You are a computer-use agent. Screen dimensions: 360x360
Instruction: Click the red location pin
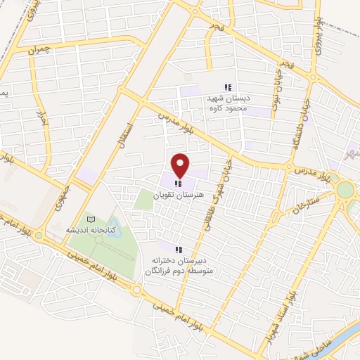click(181, 165)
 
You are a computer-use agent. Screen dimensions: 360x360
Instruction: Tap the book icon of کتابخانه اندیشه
click(89, 219)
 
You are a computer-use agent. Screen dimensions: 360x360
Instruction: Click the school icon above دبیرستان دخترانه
click(179, 249)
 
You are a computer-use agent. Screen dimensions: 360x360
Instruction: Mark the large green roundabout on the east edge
click(345, 190)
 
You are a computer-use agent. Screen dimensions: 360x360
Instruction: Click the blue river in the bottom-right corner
click(340, 342)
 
